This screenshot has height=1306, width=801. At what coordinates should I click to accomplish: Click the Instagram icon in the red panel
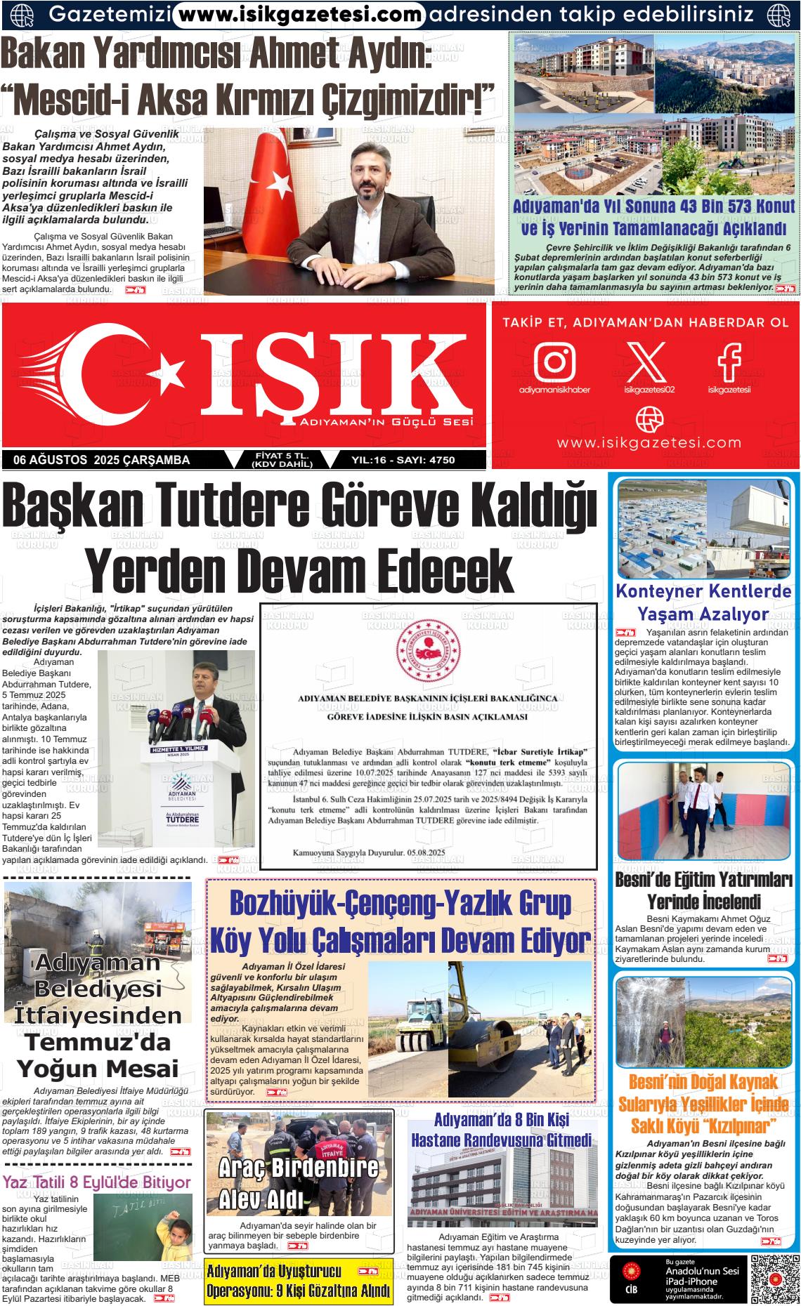(554, 361)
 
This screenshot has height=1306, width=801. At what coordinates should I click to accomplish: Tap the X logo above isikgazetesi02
(646, 361)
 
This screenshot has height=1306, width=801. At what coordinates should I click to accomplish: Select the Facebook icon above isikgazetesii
(729, 361)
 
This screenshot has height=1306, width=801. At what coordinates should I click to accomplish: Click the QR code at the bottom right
(774, 1279)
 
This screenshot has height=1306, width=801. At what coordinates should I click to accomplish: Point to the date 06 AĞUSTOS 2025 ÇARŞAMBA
(101, 460)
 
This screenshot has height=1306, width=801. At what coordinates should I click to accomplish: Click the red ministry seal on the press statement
(428, 645)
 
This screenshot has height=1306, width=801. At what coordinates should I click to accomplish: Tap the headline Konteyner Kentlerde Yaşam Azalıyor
(703, 602)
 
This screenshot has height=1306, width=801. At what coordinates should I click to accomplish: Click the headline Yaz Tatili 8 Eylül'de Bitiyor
(97, 1182)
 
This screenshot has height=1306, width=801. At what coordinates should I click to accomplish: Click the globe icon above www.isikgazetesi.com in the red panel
(649, 421)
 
